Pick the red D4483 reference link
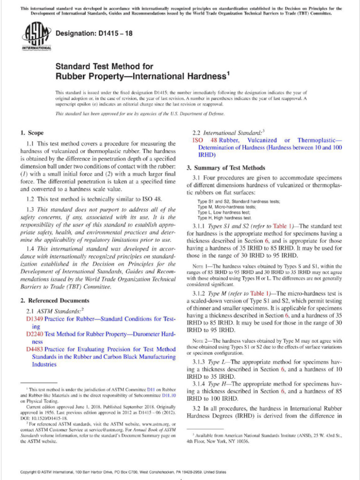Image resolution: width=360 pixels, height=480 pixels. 35,349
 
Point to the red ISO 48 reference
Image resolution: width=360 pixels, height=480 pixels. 204,140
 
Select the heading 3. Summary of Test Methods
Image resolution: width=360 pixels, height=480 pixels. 226,168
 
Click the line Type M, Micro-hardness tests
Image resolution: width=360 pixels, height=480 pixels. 226,207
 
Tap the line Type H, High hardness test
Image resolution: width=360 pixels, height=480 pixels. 224,218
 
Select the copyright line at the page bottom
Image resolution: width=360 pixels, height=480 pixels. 123,472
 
